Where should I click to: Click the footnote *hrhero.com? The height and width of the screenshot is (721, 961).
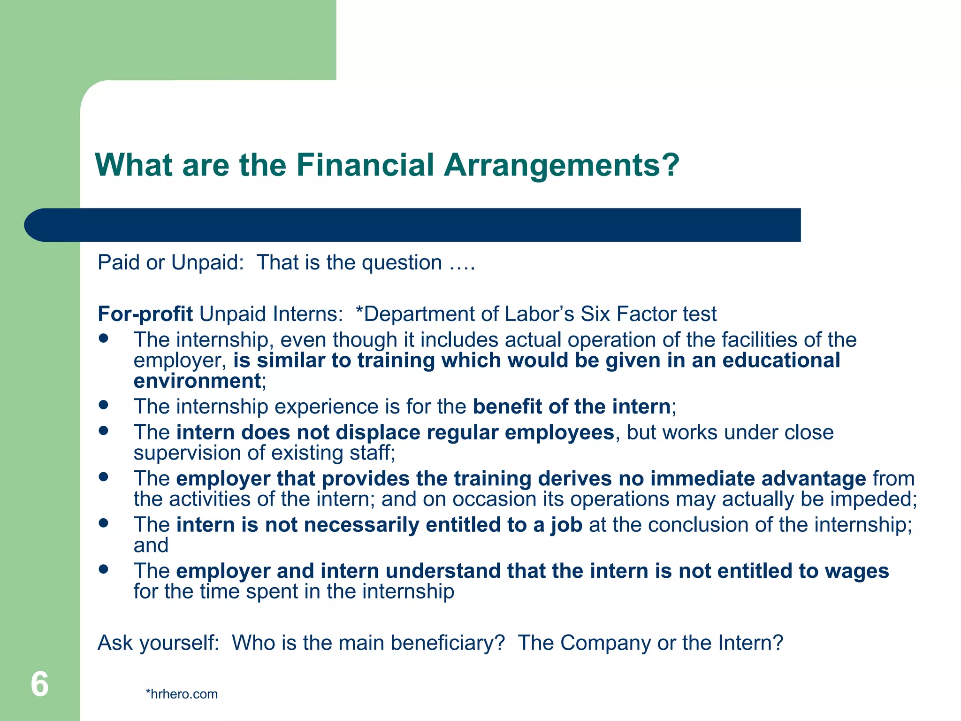(182, 694)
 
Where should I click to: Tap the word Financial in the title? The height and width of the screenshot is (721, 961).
(365, 165)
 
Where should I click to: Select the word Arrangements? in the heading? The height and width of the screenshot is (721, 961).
(561, 165)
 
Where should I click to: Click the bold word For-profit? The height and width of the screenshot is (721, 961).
(145, 314)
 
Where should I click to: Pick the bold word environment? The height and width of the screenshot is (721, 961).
(197, 381)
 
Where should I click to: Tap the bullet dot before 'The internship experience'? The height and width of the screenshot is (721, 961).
(104, 404)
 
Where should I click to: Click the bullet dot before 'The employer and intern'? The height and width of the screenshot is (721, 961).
(104, 569)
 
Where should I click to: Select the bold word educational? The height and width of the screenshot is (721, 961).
(781, 360)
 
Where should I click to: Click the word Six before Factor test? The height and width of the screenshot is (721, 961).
(595, 314)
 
